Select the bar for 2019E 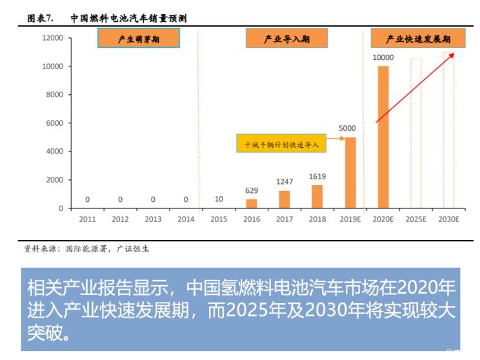pos(350,172)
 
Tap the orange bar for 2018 pos(317,196)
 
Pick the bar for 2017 pos(285,199)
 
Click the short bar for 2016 pos(252,203)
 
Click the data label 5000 pos(347,128)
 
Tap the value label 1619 pos(317,176)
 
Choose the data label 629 pos(252,190)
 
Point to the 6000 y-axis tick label pos(55,123)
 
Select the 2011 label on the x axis pos(87,219)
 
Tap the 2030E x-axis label pos(448,219)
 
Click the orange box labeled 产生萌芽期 pos(139,39)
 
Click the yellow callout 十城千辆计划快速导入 pos(281,144)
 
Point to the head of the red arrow pos(454,54)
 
